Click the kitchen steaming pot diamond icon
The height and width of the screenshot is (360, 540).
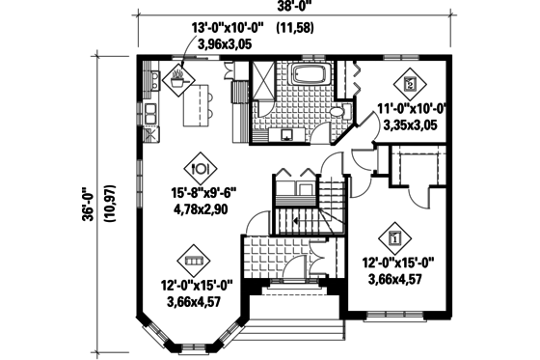coord(178,80)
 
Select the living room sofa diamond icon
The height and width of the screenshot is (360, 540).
coord(191,260)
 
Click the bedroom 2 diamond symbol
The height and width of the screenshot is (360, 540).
coord(411,84)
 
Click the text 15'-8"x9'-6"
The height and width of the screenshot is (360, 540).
coord(202,192)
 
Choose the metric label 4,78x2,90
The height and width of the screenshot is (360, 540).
coord(202,208)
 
